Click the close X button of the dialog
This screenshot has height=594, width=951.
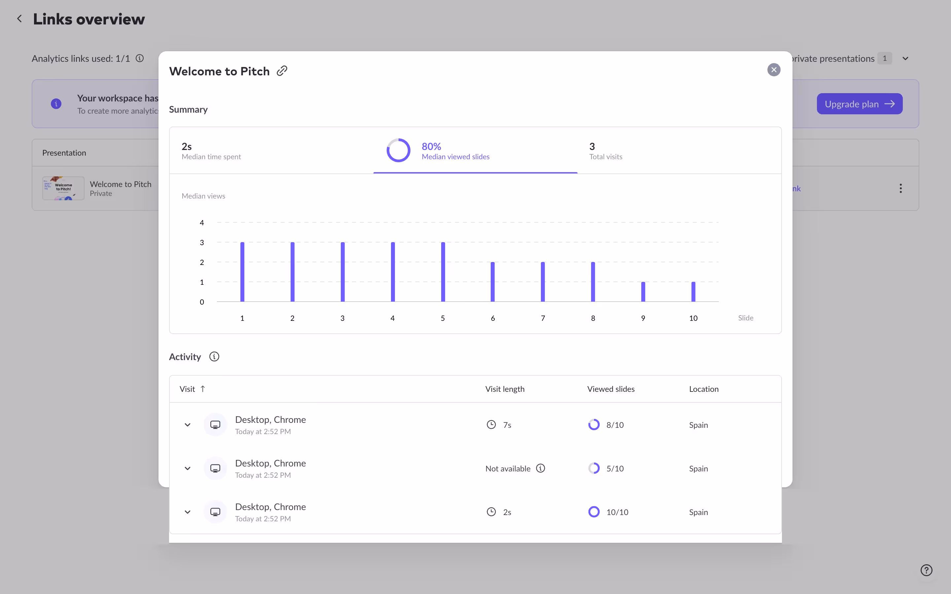[774, 70]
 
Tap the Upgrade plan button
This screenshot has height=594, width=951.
[859, 104]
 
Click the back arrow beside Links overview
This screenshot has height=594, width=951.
[19, 19]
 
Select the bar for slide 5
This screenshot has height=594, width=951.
[443, 272]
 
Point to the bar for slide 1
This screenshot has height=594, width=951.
[242, 272]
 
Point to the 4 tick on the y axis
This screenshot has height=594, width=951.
[202, 223]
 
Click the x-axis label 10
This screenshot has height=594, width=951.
[693, 318]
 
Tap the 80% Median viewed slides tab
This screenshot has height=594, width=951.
[455, 151]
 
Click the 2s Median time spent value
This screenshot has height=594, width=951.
[187, 147]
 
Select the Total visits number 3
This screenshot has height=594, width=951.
[592, 147]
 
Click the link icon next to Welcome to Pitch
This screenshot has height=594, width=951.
[282, 71]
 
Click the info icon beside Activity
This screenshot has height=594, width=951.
[214, 357]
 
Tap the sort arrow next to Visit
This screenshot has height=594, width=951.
[203, 389]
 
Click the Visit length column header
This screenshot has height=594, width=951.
[505, 389]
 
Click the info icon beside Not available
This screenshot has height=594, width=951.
[540, 468]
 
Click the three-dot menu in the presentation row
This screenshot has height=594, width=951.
[900, 189]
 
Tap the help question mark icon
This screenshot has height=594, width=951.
[926, 570]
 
